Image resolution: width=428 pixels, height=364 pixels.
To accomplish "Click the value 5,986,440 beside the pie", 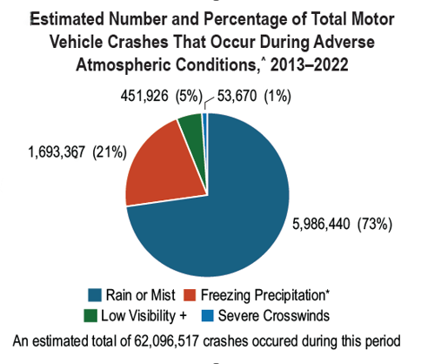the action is (x=321, y=224).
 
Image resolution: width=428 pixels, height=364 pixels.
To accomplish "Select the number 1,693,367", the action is (x=57, y=152).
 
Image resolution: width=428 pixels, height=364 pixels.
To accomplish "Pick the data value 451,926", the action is (x=144, y=96).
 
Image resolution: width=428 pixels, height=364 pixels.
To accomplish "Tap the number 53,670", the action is (x=237, y=96).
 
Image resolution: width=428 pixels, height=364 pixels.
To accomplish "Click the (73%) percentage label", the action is (x=375, y=225).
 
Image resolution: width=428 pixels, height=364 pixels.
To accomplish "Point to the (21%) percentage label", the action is (x=110, y=152).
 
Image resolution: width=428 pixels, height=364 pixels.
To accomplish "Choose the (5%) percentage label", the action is (x=189, y=96).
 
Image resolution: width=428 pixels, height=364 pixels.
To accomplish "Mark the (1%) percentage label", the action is (x=278, y=96).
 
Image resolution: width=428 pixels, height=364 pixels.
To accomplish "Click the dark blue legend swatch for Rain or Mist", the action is (x=95, y=295).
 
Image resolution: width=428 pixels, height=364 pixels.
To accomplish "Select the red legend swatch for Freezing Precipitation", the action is (x=190, y=295).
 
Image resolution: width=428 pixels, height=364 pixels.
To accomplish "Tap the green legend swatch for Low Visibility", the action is (x=90, y=315).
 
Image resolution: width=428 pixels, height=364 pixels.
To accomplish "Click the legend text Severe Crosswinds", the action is (x=274, y=315).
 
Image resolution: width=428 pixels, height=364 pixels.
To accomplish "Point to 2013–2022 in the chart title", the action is (x=309, y=64).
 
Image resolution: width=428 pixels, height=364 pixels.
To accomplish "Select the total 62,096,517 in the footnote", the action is (x=166, y=341).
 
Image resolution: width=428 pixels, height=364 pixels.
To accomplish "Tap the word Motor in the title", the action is (x=372, y=19).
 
